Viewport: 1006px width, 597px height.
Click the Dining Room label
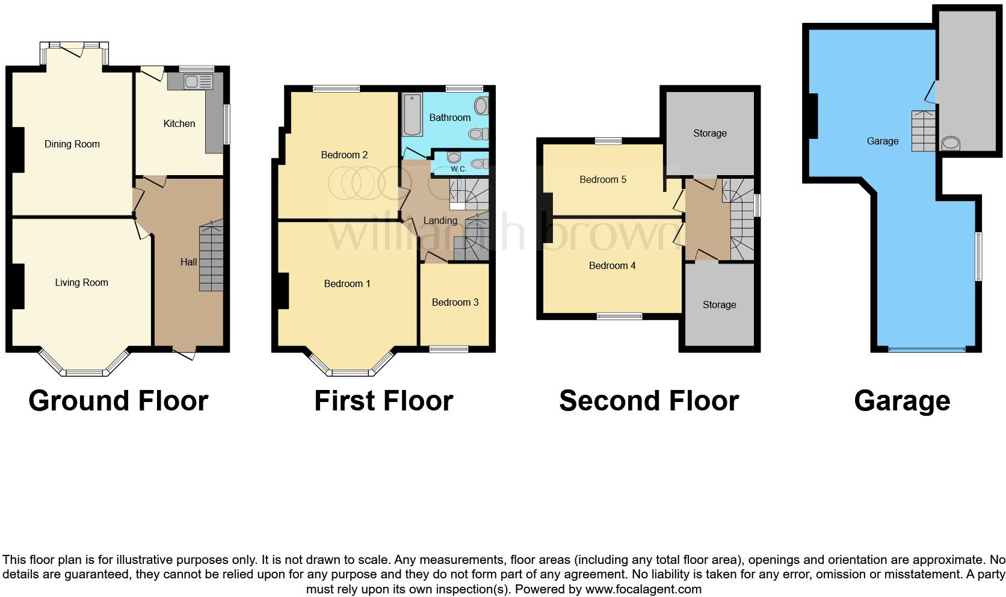(x=72, y=144)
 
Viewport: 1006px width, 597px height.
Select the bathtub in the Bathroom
(x=413, y=114)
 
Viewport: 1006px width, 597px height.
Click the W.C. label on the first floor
(x=458, y=169)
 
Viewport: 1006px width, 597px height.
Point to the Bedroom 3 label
(x=455, y=302)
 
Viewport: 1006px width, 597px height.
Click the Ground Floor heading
(x=118, y=401)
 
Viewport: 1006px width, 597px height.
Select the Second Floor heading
(x=649, y=401)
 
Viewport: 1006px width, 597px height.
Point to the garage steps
(x=924, y=131)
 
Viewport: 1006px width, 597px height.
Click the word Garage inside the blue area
(x=882, y=141)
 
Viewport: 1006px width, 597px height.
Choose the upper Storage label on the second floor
(x=709, y=133)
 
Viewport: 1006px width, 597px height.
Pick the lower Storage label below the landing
(x=719, y=305)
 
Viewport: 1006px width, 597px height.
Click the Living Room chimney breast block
(x=18, y=286)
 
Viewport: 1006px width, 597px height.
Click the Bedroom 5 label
(x=602, y=179)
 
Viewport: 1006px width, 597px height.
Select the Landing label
(x=440, y=220)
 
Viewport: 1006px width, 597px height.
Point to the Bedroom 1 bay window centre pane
(x=353, y=373)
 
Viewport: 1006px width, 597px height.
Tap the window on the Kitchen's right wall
(x=227, y=125)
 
